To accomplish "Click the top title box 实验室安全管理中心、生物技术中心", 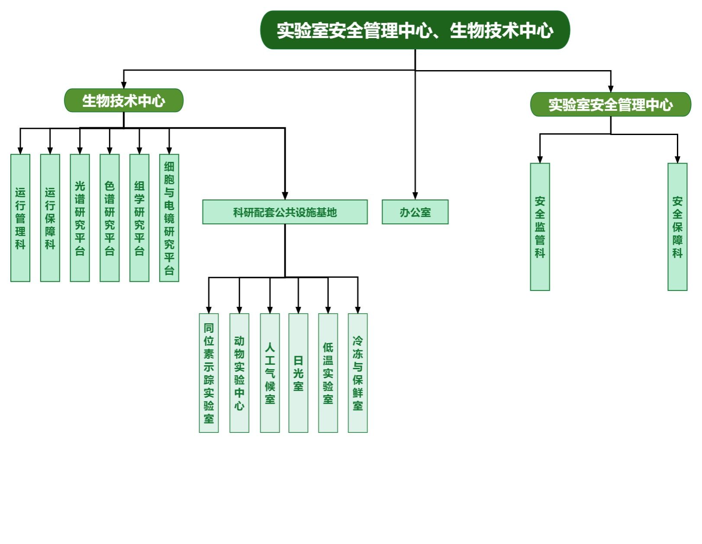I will tap(415, 30).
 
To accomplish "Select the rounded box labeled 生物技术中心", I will tap(124, 100).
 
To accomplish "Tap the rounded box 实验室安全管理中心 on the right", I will tap(610, 104).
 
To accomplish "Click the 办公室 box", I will tap(415, 212).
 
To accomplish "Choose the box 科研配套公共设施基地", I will tap(285, 212).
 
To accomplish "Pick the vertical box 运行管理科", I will tap(20, 218).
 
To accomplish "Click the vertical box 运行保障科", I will tap(50, 218).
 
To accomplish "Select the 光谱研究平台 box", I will tap(80, 218).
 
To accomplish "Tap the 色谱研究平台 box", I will tap(109, 218).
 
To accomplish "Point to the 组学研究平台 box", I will tap(139, 218).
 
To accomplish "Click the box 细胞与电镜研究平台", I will tap(169, 218).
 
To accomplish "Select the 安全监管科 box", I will tap(540, 227).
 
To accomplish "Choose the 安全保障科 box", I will tap(677, 227).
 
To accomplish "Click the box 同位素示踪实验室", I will tap(209, 373).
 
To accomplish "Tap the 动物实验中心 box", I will tap(239, 373).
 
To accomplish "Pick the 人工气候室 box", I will tap(270, 373).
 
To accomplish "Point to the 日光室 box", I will tap(298, 373).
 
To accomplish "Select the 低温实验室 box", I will tap(328, 373).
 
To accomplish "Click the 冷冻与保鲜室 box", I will tap(358, 373).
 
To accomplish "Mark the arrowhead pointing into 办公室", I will tap(415, 196).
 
